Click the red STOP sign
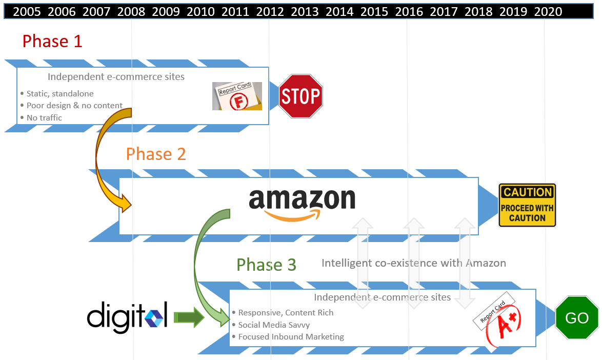coord(300,96)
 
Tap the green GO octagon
coord(577,318)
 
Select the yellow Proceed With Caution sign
coord(527,205)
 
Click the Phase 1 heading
coord(52,41)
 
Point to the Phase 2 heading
coord(156,154)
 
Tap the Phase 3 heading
coord(266,265)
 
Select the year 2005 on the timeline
coord(27,11)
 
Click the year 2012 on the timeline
coord(270,11)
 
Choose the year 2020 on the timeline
coord(548,11)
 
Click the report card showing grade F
coord(237,96)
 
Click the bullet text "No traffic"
coord(44,118)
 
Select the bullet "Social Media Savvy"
coord(274,325)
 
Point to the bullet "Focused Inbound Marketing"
coord(291,337)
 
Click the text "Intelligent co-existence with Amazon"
coord(413,263)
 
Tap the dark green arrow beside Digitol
coord(188,318)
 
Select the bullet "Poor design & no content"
coord(74,106)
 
